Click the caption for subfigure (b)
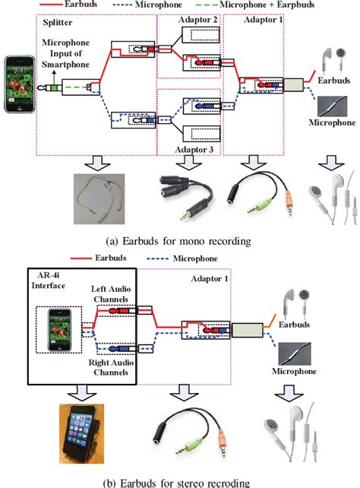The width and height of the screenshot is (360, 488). click(179, 481)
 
